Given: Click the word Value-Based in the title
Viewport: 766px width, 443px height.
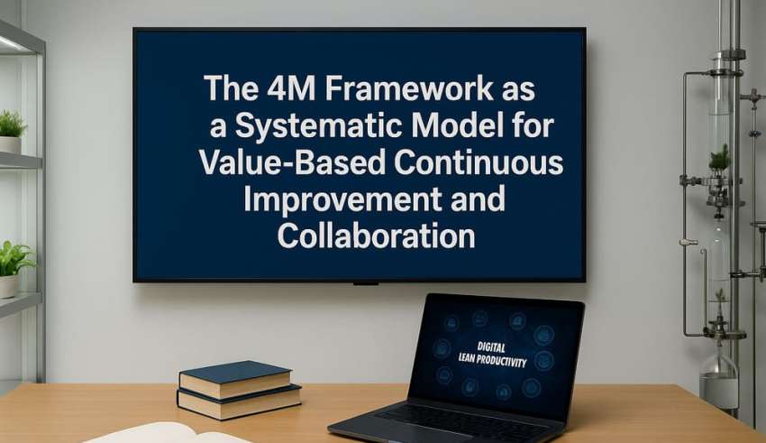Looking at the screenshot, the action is pos(292,162).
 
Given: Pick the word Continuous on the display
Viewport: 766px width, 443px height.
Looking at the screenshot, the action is pos(479,162).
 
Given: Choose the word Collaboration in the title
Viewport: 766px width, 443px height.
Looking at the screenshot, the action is pos(376,236).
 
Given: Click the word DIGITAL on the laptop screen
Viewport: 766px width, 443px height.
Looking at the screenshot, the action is pos(491,347).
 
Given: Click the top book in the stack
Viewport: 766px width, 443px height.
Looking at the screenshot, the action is pos(235,378).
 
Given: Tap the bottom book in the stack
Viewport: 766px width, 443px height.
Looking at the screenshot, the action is pos(239,402).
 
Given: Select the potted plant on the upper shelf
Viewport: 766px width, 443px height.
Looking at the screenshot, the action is pos(11,131).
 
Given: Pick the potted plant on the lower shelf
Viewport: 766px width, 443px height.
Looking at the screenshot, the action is pos(14,269).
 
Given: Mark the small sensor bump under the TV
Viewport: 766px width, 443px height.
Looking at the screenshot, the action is pos(365,283).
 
